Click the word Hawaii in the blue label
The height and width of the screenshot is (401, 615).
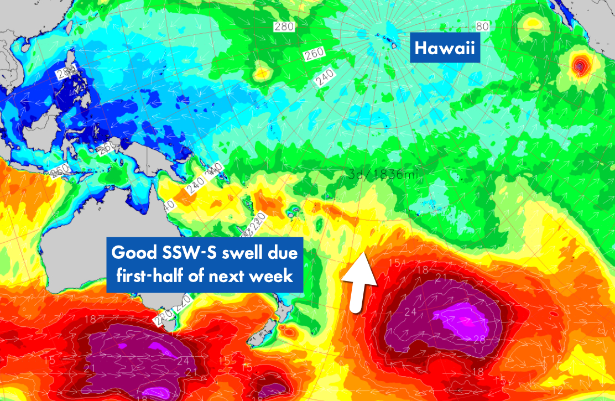coord(445,49)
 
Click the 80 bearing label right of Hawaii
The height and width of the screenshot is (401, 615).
coord(482,26)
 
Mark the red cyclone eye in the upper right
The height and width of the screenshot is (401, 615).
coord(579,66)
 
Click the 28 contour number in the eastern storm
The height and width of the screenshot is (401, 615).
coord(479,339)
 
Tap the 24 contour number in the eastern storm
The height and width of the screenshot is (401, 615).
coord(410,312)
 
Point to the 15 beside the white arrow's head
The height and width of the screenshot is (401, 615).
coord(394,263)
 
